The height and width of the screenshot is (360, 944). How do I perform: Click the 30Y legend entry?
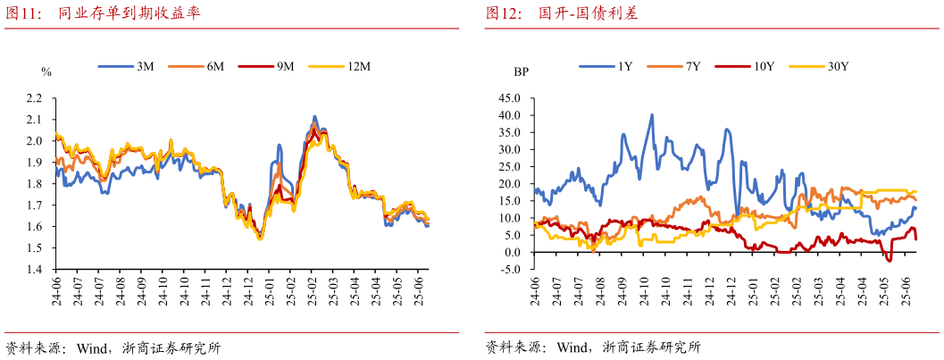pyautogui.click(x=838, y=67)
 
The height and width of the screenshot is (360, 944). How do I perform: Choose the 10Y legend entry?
pyautogui.click(x=764, y=67)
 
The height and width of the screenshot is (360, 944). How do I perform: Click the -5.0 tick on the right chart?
pyautogui.click(x=509, y=269)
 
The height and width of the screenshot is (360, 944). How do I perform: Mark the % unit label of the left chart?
pyautogui.click(x=46, y=71)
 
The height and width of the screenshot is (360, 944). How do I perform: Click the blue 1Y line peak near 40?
pyautogui.click(x=652, y=115)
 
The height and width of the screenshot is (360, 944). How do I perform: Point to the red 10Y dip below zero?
pyautogui.click(x=889, y=260)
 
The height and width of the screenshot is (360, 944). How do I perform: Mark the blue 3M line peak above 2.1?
pyautogui.click(x=314, y=116)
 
